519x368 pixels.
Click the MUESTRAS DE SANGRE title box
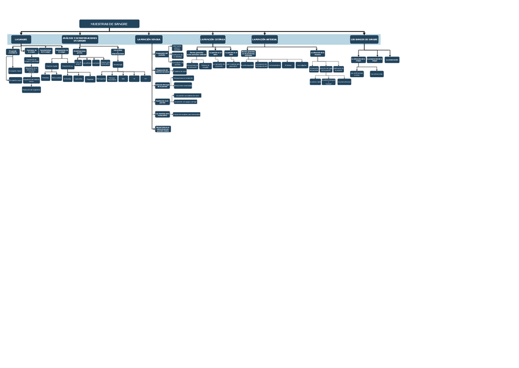109,24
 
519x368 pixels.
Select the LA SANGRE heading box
21,39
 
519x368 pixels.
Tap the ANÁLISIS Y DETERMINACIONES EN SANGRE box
80,39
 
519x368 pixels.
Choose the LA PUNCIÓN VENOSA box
149,39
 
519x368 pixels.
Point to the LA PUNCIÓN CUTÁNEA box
212,39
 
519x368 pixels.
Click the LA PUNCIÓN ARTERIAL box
264,39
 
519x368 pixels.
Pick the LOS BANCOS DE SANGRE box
364,39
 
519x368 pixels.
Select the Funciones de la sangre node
31,51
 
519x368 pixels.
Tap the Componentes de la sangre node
61,51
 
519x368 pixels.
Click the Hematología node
118,64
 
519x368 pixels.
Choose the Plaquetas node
90,79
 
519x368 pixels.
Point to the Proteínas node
45,78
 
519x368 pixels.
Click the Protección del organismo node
31,89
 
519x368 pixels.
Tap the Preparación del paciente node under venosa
162,54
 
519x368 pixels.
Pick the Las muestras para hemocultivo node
162,115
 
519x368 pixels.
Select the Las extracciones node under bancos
356,74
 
